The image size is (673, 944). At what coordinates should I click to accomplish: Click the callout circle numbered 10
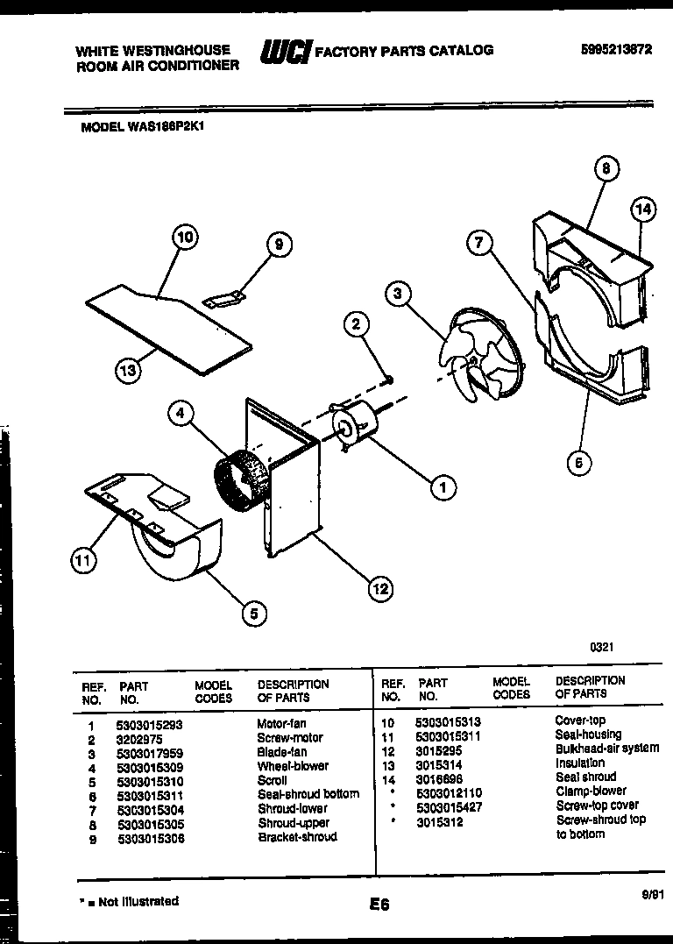click(x=184, y=236)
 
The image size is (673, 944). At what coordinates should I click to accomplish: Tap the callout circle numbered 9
click(x=278, y=245)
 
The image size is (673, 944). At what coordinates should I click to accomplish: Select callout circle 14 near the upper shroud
click(x=643, y=209)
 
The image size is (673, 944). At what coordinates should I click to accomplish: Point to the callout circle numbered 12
click(x=380, y=589)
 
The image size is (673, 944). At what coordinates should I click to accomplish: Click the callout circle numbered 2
click(x=356, y=324)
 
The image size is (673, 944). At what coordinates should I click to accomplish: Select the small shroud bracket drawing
click(x=223, y=301)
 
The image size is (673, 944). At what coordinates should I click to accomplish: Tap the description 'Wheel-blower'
click(x=293, y=766)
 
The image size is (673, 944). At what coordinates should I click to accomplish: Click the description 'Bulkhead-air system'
click(x=606, y=749)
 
